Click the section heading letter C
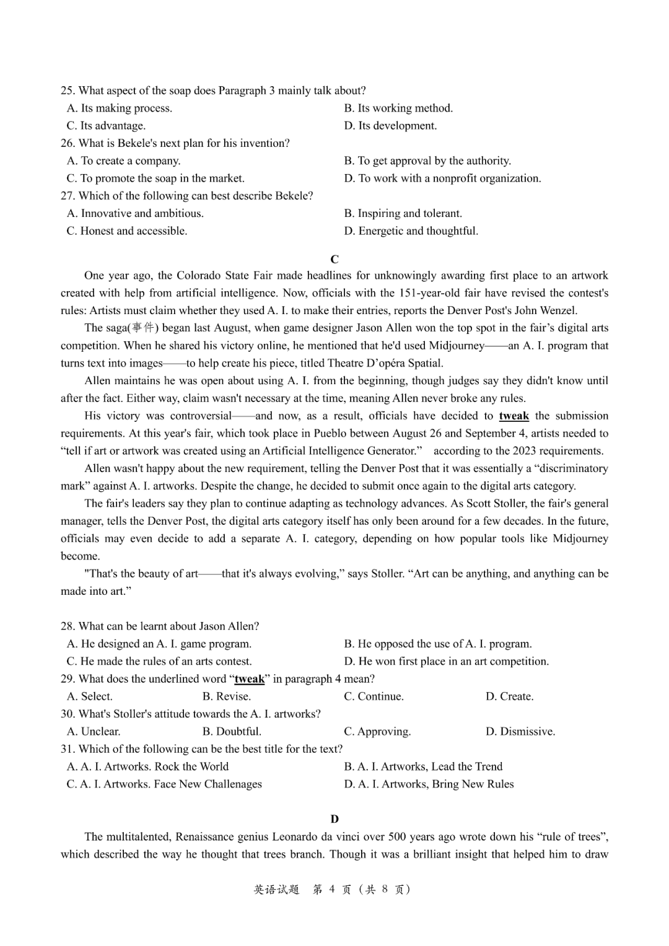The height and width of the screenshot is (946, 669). pos(334,259)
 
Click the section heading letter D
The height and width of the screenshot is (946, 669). pos(334,819)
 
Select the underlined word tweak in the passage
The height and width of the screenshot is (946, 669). pos(514,416)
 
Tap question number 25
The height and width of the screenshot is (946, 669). pos(68,90)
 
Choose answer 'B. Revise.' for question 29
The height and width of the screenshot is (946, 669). pos(226,696)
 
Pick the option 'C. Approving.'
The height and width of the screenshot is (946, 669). pos(377,732)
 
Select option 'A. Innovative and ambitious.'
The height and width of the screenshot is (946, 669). pos(135,213)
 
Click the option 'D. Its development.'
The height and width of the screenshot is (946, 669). pos(390,126)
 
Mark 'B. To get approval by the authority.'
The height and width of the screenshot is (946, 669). pos(427,161)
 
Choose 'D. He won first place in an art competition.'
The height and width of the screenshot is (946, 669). pos(446,662)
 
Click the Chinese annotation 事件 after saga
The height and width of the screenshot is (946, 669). pos(143,328)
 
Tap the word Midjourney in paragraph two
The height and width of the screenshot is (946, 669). pos(457,346)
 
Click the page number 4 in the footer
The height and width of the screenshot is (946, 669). pos(332,890)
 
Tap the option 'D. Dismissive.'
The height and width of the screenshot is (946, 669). pos(520,732)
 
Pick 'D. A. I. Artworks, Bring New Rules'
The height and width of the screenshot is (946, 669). pos(429,784)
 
